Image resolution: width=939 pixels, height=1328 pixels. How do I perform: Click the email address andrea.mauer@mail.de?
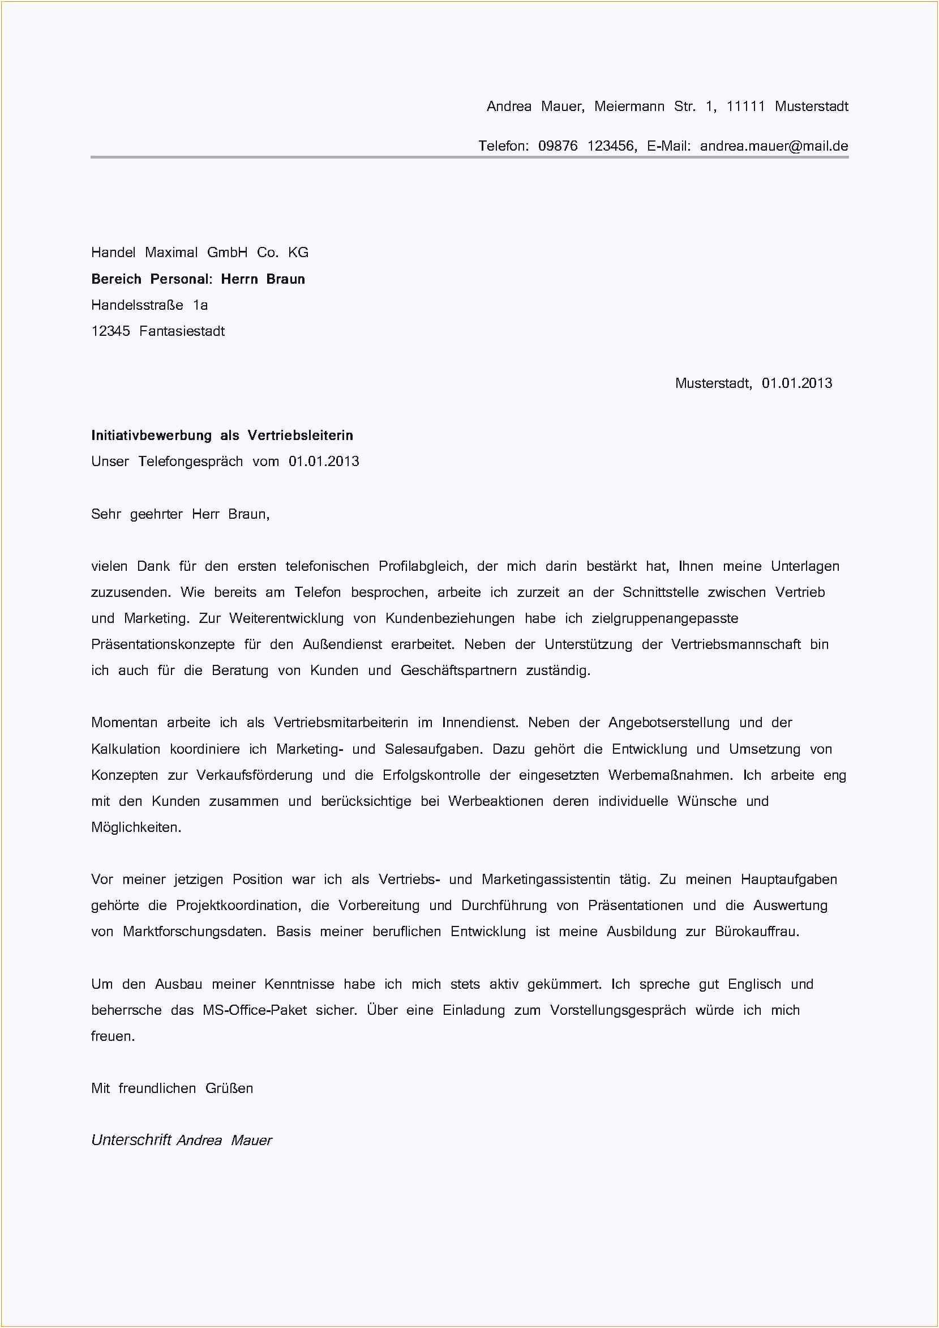point(774,146)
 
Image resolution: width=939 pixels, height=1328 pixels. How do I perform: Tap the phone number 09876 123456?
point(586,146)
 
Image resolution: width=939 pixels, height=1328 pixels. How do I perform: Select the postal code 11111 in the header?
point(745,106)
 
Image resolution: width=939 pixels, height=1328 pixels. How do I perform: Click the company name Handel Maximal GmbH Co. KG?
point(199,252)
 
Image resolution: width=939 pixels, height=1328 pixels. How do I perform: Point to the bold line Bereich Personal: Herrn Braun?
point(198,279)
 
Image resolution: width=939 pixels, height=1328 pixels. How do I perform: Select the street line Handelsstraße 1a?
point(149,305)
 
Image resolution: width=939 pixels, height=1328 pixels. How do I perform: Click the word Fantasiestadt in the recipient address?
point(182,331)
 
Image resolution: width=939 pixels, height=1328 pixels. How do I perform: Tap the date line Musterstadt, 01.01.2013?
point(753,383)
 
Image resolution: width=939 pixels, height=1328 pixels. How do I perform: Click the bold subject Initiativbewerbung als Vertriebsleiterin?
point(221,435)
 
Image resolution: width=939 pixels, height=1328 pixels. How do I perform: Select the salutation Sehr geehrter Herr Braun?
point(180,514)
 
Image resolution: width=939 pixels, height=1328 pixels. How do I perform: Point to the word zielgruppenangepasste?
point(664,618)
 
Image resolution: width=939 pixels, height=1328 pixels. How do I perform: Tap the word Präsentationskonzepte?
point(162,644)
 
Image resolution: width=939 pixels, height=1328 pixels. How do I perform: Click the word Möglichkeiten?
point(136,827)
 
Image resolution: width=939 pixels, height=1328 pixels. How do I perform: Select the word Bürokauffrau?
point(756,932)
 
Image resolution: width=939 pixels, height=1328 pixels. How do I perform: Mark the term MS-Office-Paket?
point(254,1010)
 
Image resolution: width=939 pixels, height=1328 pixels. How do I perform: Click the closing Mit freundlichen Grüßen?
point(171,1088)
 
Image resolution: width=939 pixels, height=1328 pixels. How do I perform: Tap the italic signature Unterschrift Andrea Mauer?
point(181,1140)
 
